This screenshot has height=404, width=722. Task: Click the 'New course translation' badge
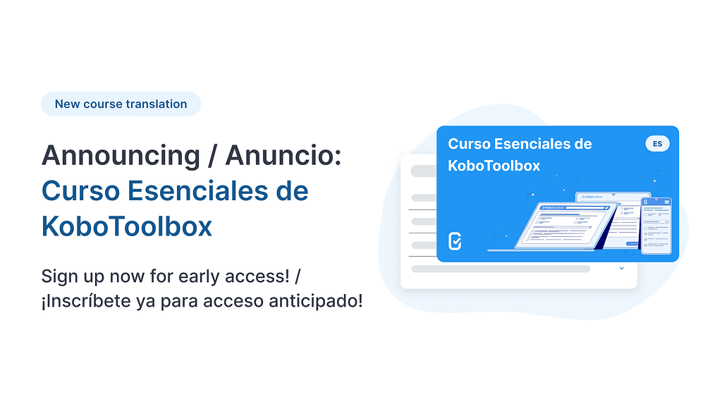coord(121,104)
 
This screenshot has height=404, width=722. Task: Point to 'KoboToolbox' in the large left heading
coord(127,227)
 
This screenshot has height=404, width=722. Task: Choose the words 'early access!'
coord(251,276)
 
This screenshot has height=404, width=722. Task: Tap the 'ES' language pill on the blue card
coord(657,144)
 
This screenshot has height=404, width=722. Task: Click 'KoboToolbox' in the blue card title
coord(494,166)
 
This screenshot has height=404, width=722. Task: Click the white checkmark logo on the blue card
coord(455,241)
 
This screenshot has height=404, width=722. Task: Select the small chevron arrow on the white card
coord(621,269)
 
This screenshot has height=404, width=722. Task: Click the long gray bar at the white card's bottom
coord(501,269)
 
